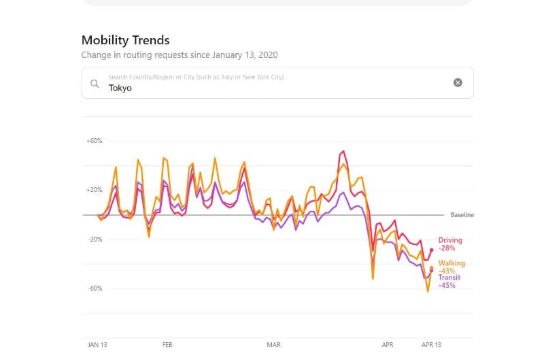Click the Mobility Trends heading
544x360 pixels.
125,40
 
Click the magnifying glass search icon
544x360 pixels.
95,84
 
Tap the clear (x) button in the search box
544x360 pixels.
458,82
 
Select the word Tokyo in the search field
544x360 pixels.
120,88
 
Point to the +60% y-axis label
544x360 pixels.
94,141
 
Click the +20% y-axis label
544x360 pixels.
94,190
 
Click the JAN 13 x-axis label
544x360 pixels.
97,345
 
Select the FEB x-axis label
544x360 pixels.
167,345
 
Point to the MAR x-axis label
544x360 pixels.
274,345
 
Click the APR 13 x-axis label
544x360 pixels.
432,345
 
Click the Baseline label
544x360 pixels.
462,215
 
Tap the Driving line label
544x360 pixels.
450,240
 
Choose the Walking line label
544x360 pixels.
452,263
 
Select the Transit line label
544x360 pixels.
449,278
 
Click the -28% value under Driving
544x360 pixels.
447,248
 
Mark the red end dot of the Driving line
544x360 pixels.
431,250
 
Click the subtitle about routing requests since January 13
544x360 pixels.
179,54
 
